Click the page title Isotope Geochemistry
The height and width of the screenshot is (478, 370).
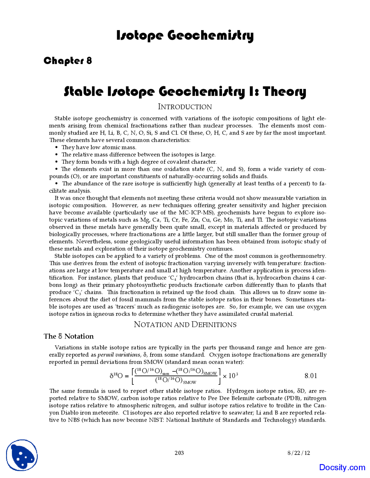(x=185, y=36)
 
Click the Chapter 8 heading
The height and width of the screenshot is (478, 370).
(x=68, y=61)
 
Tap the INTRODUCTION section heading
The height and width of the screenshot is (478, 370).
(x=185, y=107)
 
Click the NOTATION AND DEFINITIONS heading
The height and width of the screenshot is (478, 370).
(x=185, y=324)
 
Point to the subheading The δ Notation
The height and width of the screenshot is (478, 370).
(x=69, y=336)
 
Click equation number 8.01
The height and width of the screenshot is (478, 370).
(x=311, y=376)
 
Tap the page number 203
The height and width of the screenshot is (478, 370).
(x=179, y=453)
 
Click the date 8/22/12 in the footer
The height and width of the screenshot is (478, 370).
(x=299, y=453)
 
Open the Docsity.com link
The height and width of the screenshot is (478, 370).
(x=342, y=467)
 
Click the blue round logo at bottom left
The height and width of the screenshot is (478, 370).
(x=22, y=455)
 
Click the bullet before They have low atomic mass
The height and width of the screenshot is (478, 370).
(x=57, y=147)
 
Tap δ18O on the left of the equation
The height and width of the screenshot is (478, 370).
(x=116, y=376)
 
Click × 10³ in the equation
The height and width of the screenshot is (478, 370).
(x=230, y=376)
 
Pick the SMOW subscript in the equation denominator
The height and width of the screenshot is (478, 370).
(x=190, y=382)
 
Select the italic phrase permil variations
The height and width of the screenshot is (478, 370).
(x=119, y=355)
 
